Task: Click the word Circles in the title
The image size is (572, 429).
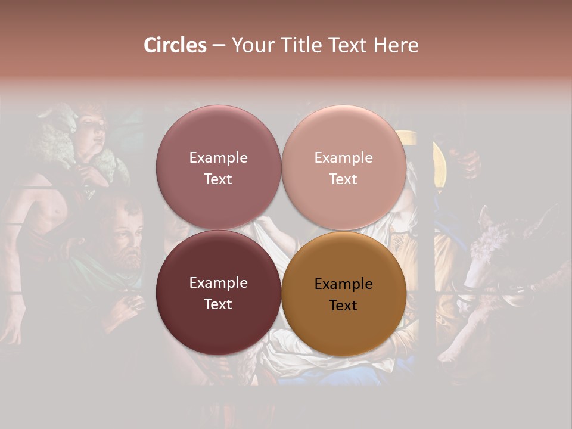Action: click(x=175, y=45)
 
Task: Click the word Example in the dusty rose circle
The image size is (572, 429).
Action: click(x=218, y=157)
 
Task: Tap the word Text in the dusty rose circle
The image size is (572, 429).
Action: click(x=218, y=179)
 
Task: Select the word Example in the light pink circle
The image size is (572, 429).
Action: click(x=343, y=157)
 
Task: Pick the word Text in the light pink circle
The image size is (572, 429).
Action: click(x=343, y=179)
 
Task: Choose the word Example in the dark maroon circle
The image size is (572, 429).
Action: click(x=218, y=282)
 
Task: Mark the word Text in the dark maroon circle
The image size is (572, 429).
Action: click(x=218, y=304)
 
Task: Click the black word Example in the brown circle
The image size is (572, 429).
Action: click(x=343, y=284)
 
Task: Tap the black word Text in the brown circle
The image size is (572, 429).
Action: click(x=343, y=305)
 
